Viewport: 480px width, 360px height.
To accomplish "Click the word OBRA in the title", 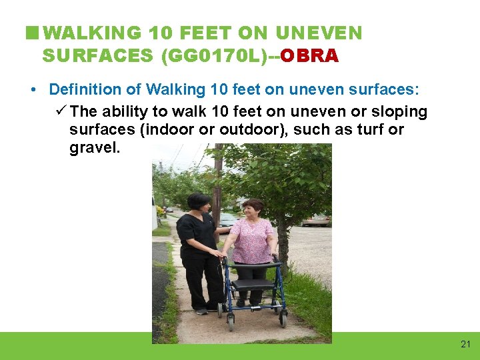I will pyautogui.click(x=310, y=55).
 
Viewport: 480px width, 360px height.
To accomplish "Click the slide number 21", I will pyautogui.click(x=465, y=344).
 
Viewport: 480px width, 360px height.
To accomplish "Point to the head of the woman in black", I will pyautogui.click(x=199, y=201).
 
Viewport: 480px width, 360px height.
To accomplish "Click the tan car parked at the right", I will pyautogui.click(x=317, y=219).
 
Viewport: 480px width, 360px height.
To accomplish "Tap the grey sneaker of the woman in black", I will pyautogui.click(x=201, y=311).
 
